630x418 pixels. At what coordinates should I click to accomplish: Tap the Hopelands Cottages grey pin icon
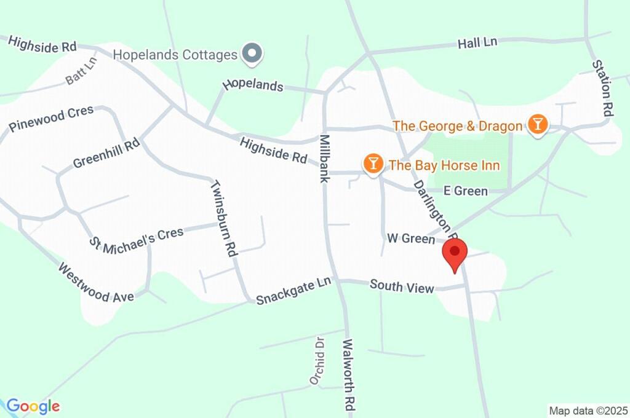pyautogui.click(x=252, y=54)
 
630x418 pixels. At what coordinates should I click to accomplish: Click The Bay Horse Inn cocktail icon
pyautogui.click(x=372, y=164)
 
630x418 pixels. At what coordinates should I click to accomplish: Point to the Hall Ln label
pyautogui.click(x=477, y=43)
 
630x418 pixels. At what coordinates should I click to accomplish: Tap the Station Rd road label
pyautogui.click(x=604, y=87)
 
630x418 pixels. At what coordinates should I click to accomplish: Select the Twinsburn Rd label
pyautogui.click(x=224, y=218)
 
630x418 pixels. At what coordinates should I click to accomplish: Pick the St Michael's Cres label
pyautogui.click(x=137, y=240)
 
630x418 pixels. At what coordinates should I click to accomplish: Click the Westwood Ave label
pyautogui.click(x=96, y=283)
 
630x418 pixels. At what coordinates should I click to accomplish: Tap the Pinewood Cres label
pyautogui.click(x=51, y=119)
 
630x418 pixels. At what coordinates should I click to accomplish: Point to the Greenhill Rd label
pyautogui.click(x=106, y=153)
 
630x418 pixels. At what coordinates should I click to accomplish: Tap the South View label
pyautogui.click(x=402, y=286)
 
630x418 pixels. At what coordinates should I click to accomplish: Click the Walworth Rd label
pyautogui.click(x=349, y=375)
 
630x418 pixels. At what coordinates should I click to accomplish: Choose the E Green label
pyautogui.click(x=466, y=191)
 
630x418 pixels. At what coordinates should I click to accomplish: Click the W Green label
pyautogui.click(x=410, y=238)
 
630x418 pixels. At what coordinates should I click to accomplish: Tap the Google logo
pyautogui.click(x=33, y=406)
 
